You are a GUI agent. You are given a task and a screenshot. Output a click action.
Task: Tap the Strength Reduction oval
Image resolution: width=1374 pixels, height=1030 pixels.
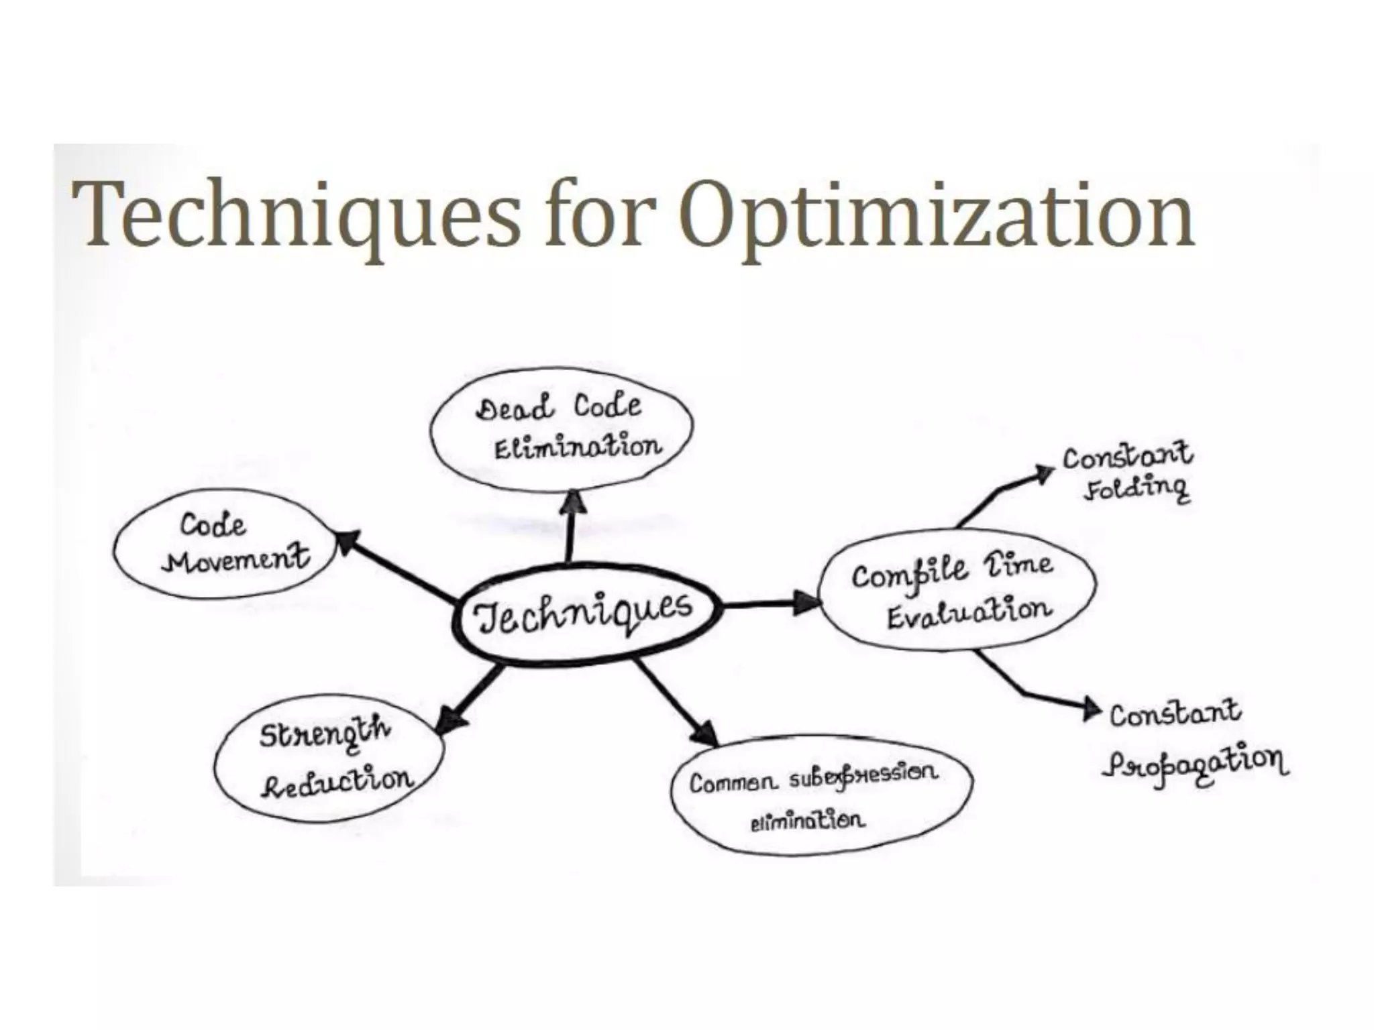pyautogui.click(x=329, y=758)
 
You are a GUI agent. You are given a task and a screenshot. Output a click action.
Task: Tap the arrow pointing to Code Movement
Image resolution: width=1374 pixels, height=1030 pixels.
pyautogui.click(x=396, y=567)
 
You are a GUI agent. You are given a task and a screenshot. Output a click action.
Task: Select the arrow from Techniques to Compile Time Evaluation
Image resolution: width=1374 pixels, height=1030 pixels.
pyautogui.click(x=772, y=603)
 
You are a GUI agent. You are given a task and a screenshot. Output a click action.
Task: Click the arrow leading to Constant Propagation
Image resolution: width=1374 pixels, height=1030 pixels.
pyautogui.click(x=1033, y=691)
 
